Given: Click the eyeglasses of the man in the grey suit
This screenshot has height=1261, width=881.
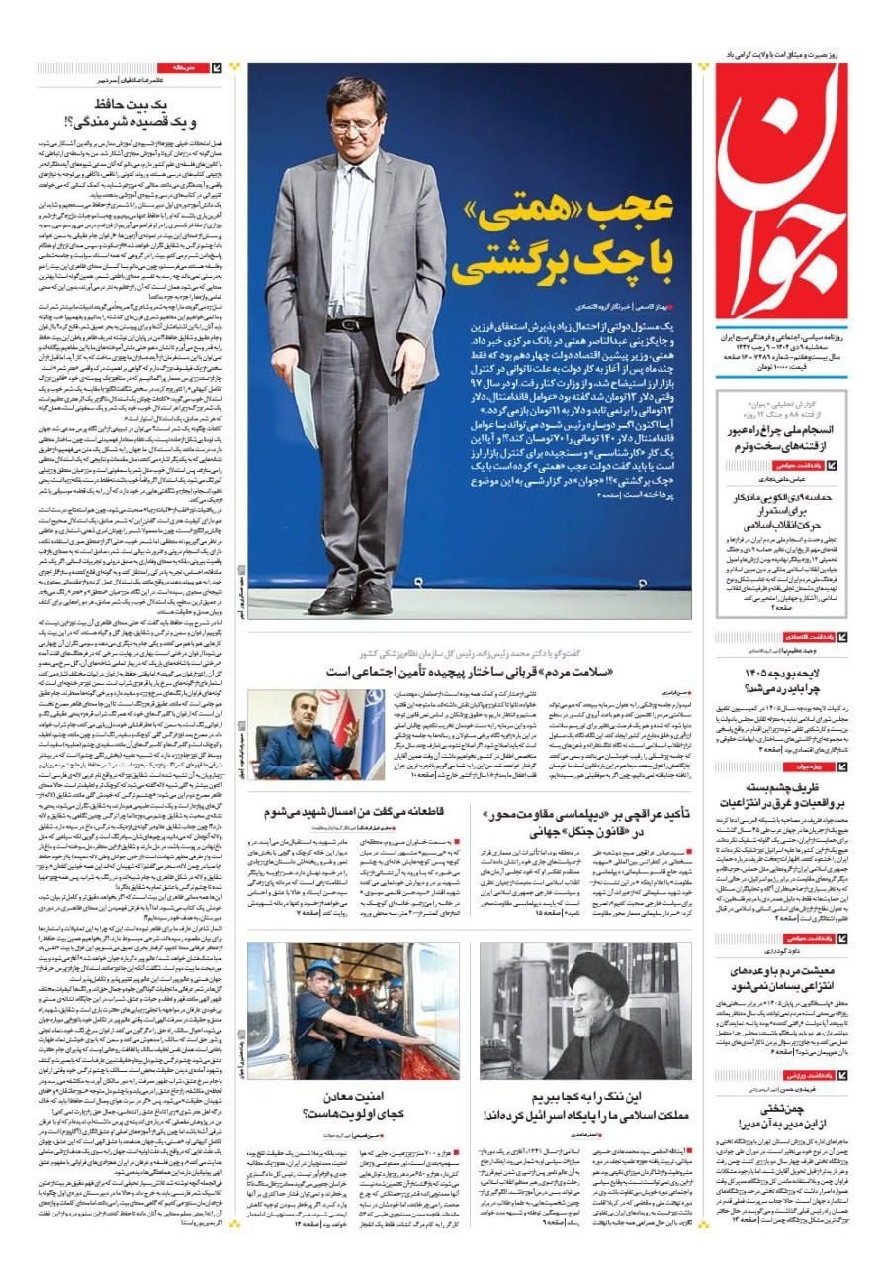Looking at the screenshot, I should coord(354,126).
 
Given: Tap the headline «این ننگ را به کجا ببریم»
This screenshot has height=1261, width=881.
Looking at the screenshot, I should coord(585,1098).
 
